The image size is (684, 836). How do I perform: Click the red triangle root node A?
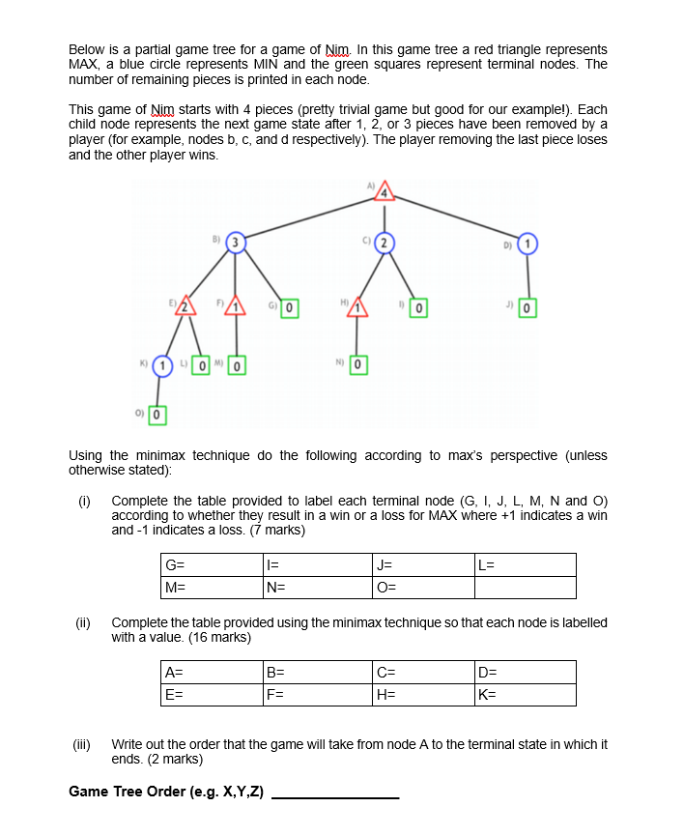tap(385, 192)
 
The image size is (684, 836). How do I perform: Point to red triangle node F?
tap(237, 308)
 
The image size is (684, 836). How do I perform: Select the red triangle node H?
tap(359, 308)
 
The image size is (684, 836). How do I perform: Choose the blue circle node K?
tap(165, 366)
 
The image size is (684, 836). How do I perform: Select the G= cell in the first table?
tap(212, 564)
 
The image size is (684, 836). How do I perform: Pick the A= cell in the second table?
tap(212, 672)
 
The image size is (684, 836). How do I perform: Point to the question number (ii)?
tap(84, 622)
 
